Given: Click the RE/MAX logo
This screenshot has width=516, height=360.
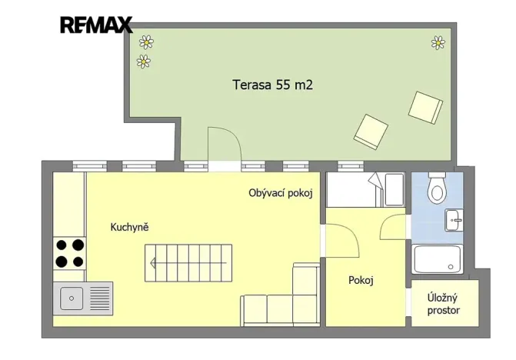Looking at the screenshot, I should point(96,25).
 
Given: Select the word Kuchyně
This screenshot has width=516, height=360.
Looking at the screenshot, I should point(129,228).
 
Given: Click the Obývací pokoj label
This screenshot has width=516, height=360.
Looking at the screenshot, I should point(281,193).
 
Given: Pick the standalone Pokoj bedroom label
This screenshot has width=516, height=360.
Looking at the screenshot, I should point(361,281).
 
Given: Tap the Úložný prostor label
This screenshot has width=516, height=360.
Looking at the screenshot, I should point(444,304).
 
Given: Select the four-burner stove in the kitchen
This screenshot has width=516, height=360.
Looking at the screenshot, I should point(68,254).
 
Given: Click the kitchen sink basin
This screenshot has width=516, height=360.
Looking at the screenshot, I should point(71,296).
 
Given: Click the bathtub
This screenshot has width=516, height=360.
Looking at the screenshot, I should point(437,259).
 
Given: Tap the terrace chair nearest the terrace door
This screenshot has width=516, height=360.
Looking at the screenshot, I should point(371,131).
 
